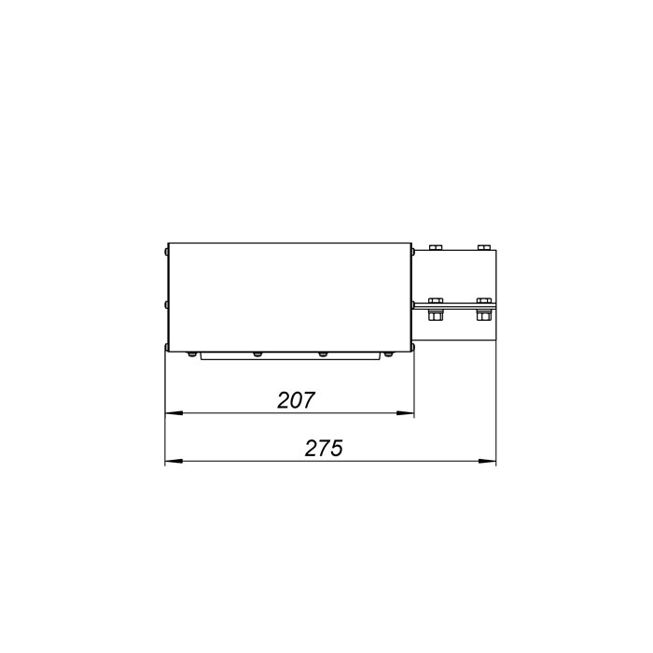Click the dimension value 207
tap(296, 400)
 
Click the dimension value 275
tap(324, 448)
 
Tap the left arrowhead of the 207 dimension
tap(174, 413)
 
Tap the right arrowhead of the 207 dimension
tap(405, 413)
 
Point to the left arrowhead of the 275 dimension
tap(174, 461)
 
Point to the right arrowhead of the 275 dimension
tap(487, 461)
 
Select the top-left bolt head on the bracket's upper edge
tap(435, 248)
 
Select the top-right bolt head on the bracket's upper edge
tap(483, 248)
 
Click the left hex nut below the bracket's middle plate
tap(435, 316)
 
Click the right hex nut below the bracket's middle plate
tap(483, 316)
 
